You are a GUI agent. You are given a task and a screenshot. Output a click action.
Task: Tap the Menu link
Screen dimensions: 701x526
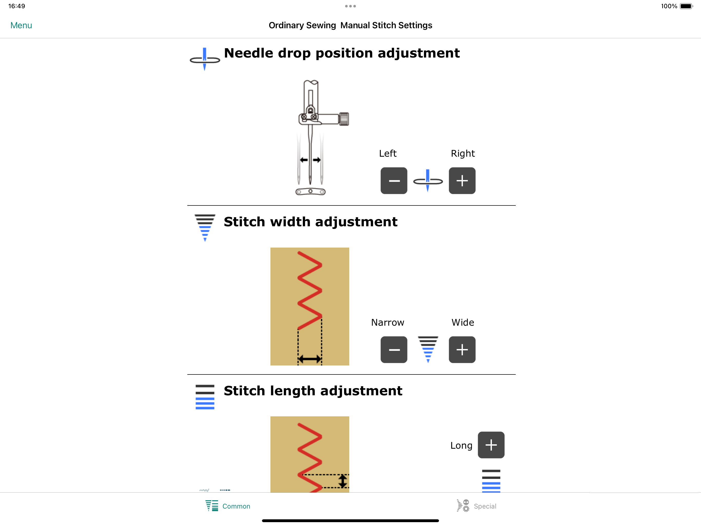21,25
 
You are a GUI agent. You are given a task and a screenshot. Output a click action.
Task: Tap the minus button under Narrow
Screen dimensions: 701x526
394,350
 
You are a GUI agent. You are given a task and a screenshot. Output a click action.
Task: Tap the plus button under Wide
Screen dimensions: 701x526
462,350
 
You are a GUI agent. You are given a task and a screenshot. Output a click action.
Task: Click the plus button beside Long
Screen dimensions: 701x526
491,445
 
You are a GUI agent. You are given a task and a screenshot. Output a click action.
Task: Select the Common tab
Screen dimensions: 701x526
228,506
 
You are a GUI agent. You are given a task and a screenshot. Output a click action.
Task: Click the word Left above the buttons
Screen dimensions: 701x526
388,154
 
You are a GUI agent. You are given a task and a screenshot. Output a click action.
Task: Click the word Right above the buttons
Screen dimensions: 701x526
463,154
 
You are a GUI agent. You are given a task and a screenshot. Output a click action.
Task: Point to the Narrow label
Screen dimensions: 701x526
388,322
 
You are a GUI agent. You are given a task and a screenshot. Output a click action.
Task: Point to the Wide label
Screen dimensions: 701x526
463,322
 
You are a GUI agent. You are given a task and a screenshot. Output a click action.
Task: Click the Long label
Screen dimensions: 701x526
461,446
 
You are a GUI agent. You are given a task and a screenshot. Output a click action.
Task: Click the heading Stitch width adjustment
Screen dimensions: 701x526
310,222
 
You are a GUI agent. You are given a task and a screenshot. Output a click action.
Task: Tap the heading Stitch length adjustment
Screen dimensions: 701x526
313,391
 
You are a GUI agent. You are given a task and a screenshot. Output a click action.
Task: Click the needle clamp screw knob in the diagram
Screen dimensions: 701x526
344,119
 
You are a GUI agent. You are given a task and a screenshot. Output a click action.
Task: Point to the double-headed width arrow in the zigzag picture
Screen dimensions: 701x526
310,359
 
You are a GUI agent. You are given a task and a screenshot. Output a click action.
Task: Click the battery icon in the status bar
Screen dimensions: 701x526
686,6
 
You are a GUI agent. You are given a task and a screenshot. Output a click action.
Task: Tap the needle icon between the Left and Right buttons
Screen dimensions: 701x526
428,181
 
